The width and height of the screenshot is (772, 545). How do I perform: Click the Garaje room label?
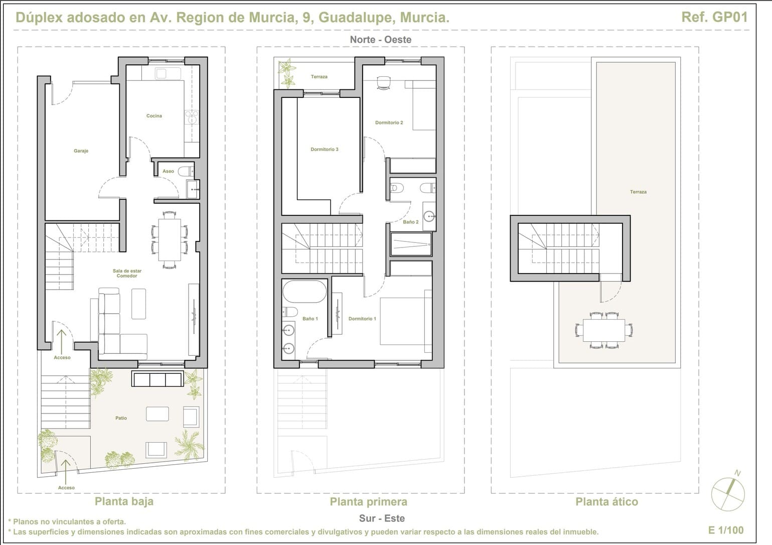81,151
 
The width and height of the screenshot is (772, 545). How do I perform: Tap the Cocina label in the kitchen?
154,116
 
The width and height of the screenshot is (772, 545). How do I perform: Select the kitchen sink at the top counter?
168,73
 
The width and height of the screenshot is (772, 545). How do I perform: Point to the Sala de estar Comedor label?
127,274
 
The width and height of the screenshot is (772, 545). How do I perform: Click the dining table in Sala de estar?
170,240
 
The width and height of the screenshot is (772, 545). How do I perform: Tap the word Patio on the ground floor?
121,418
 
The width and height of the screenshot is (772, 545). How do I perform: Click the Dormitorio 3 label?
325,149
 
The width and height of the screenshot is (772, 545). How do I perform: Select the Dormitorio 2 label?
389,122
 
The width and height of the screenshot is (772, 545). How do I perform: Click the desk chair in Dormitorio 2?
384,83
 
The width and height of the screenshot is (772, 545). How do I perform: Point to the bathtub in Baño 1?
304,292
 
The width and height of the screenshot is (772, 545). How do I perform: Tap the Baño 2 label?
411,222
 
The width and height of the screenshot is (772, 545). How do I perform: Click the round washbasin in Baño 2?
429,216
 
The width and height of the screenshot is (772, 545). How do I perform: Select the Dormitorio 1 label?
362,319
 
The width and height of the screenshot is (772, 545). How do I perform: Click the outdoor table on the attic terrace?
604,330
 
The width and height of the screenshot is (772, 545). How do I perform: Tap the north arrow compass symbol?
728,492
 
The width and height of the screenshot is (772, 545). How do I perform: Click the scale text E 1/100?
726,530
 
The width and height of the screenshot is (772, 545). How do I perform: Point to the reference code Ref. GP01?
714,17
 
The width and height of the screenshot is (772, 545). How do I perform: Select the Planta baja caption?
124,501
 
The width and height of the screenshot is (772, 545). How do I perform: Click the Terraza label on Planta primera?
319,76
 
